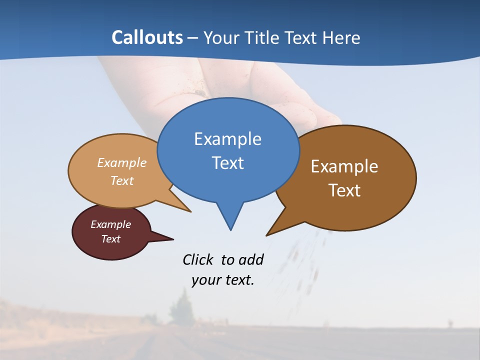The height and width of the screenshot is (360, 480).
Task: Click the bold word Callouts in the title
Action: click(x=147, y=37)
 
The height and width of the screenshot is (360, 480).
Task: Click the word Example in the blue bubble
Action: click(x=227, y=139)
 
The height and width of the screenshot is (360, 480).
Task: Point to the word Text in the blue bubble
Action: click(x=227, y=163)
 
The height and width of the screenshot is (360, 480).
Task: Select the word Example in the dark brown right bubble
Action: click(x=344, y=166)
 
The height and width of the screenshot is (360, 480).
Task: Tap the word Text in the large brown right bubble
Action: click(x=344, y=190)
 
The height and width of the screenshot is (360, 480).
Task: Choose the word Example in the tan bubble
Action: click(x=122, y=163)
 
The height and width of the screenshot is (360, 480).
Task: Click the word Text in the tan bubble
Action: click(x=122, y=181)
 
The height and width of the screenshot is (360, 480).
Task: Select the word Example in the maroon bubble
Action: click(x=110, y=224)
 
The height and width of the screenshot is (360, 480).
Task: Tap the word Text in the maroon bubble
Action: click(x=110, y=239)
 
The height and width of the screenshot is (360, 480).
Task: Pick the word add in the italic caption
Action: click(x=251, y=259)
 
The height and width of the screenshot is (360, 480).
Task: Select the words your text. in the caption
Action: click(x=223, y=280)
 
